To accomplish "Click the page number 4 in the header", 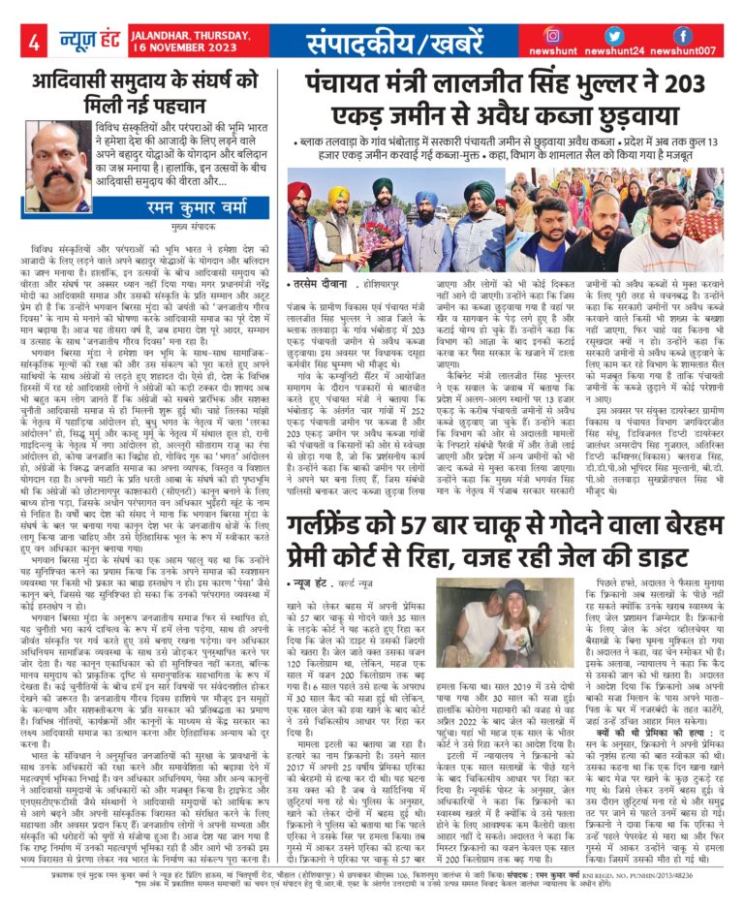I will pos(34,43).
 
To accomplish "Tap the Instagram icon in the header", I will pos(552,35).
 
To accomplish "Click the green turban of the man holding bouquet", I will pos(383,185).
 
